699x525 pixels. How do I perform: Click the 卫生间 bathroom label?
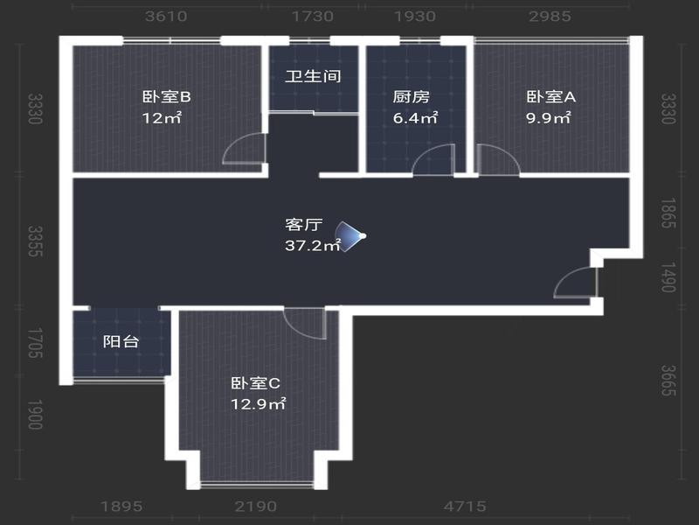313,76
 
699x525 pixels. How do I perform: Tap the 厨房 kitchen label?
411,96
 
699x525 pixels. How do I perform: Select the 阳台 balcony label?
121,341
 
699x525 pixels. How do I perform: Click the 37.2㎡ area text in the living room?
313,245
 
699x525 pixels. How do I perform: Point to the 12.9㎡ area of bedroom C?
258,404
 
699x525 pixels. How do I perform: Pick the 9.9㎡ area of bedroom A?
549,118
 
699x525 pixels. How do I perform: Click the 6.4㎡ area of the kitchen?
415,118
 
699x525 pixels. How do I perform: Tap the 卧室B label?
167,96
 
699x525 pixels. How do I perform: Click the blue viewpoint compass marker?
350,236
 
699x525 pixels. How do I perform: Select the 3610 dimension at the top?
166,17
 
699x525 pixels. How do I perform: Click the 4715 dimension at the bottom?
465,507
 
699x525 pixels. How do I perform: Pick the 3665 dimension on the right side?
668,381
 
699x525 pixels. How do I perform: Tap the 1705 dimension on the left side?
35,343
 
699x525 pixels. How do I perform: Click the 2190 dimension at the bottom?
256,507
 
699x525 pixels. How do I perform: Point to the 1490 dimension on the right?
668,277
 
